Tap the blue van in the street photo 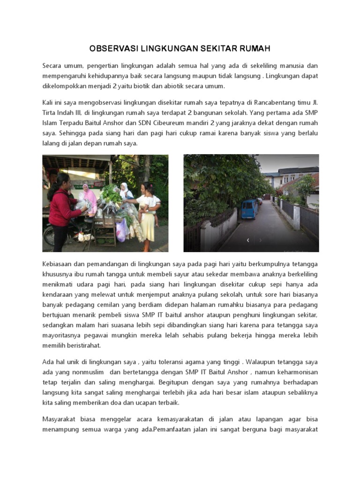[x=249, y=209]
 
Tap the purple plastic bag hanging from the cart [x=121, y=231]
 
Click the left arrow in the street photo [x=248, y=240]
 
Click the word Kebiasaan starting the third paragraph [x=59, y=264]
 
